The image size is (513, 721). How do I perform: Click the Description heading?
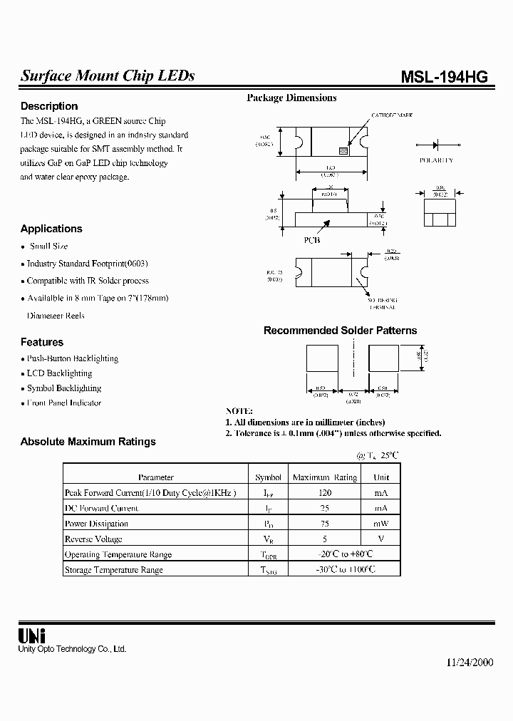point(49,106)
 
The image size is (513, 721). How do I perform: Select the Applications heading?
point(51,229)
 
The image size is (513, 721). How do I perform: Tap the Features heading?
point(42,342)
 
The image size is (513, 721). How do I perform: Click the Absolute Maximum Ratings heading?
point(88,442)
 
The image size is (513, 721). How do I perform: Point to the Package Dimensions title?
point(291,98)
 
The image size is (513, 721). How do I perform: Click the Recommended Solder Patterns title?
point(340,331)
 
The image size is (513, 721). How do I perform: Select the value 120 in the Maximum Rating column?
point(324,492)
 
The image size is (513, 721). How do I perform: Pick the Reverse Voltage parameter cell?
point(93,539)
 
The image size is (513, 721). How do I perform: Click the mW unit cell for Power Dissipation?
point(382,524)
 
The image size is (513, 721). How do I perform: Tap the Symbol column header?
point(268,477)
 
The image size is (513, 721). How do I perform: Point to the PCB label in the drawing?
point(312,240)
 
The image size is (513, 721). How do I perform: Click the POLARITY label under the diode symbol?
point(436,161)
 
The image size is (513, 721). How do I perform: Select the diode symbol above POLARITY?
point(437,145)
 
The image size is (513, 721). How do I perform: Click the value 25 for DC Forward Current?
point(324,508)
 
